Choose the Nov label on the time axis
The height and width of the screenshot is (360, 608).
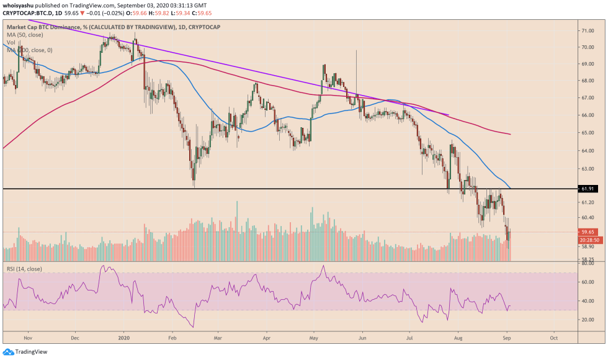pyautogui.click(x=27, y=339)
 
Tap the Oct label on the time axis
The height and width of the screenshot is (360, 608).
pyautogui.click(x=554, y=339)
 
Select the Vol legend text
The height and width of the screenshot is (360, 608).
pyautogui.click(x=11, y=43)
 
